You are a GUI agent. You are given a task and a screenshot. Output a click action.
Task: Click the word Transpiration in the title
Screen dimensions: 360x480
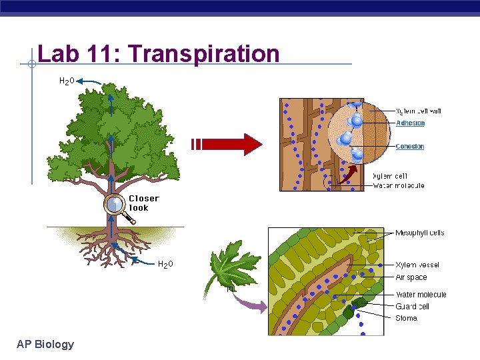[217, 53]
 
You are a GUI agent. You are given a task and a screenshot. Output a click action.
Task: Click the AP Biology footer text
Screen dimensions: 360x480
[45, 344]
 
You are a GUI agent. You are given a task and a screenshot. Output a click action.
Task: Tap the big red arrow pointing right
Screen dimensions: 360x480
[227, 144]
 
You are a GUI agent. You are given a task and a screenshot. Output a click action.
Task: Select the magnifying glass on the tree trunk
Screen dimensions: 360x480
[117, 205]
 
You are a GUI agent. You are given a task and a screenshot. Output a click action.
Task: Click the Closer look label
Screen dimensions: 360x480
[143, 203]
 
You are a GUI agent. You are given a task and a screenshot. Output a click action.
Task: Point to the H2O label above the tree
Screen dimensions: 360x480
[67, 81]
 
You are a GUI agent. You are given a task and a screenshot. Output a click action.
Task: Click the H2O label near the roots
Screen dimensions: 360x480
[165, 264]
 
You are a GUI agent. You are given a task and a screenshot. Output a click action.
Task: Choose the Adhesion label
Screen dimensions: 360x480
[410, 123]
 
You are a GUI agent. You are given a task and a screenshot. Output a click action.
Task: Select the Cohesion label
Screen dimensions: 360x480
[410, 147]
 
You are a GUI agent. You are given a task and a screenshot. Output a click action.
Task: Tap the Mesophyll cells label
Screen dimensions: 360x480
[420, 233]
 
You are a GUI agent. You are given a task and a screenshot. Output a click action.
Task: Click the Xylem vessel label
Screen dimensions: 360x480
[417, 265]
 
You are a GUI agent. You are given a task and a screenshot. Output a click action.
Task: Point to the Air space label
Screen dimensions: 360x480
[411, 277]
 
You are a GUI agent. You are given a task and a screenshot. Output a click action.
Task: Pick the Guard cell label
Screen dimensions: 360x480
[413, 307]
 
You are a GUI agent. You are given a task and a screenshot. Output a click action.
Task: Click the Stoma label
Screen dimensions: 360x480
[407, 318]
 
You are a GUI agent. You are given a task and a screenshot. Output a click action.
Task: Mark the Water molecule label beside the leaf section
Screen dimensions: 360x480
[421, 295]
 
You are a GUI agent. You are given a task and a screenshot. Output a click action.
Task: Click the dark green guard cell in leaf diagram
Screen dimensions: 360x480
[359, 304]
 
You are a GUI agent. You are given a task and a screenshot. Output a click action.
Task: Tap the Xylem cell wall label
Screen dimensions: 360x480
[419, 111]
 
